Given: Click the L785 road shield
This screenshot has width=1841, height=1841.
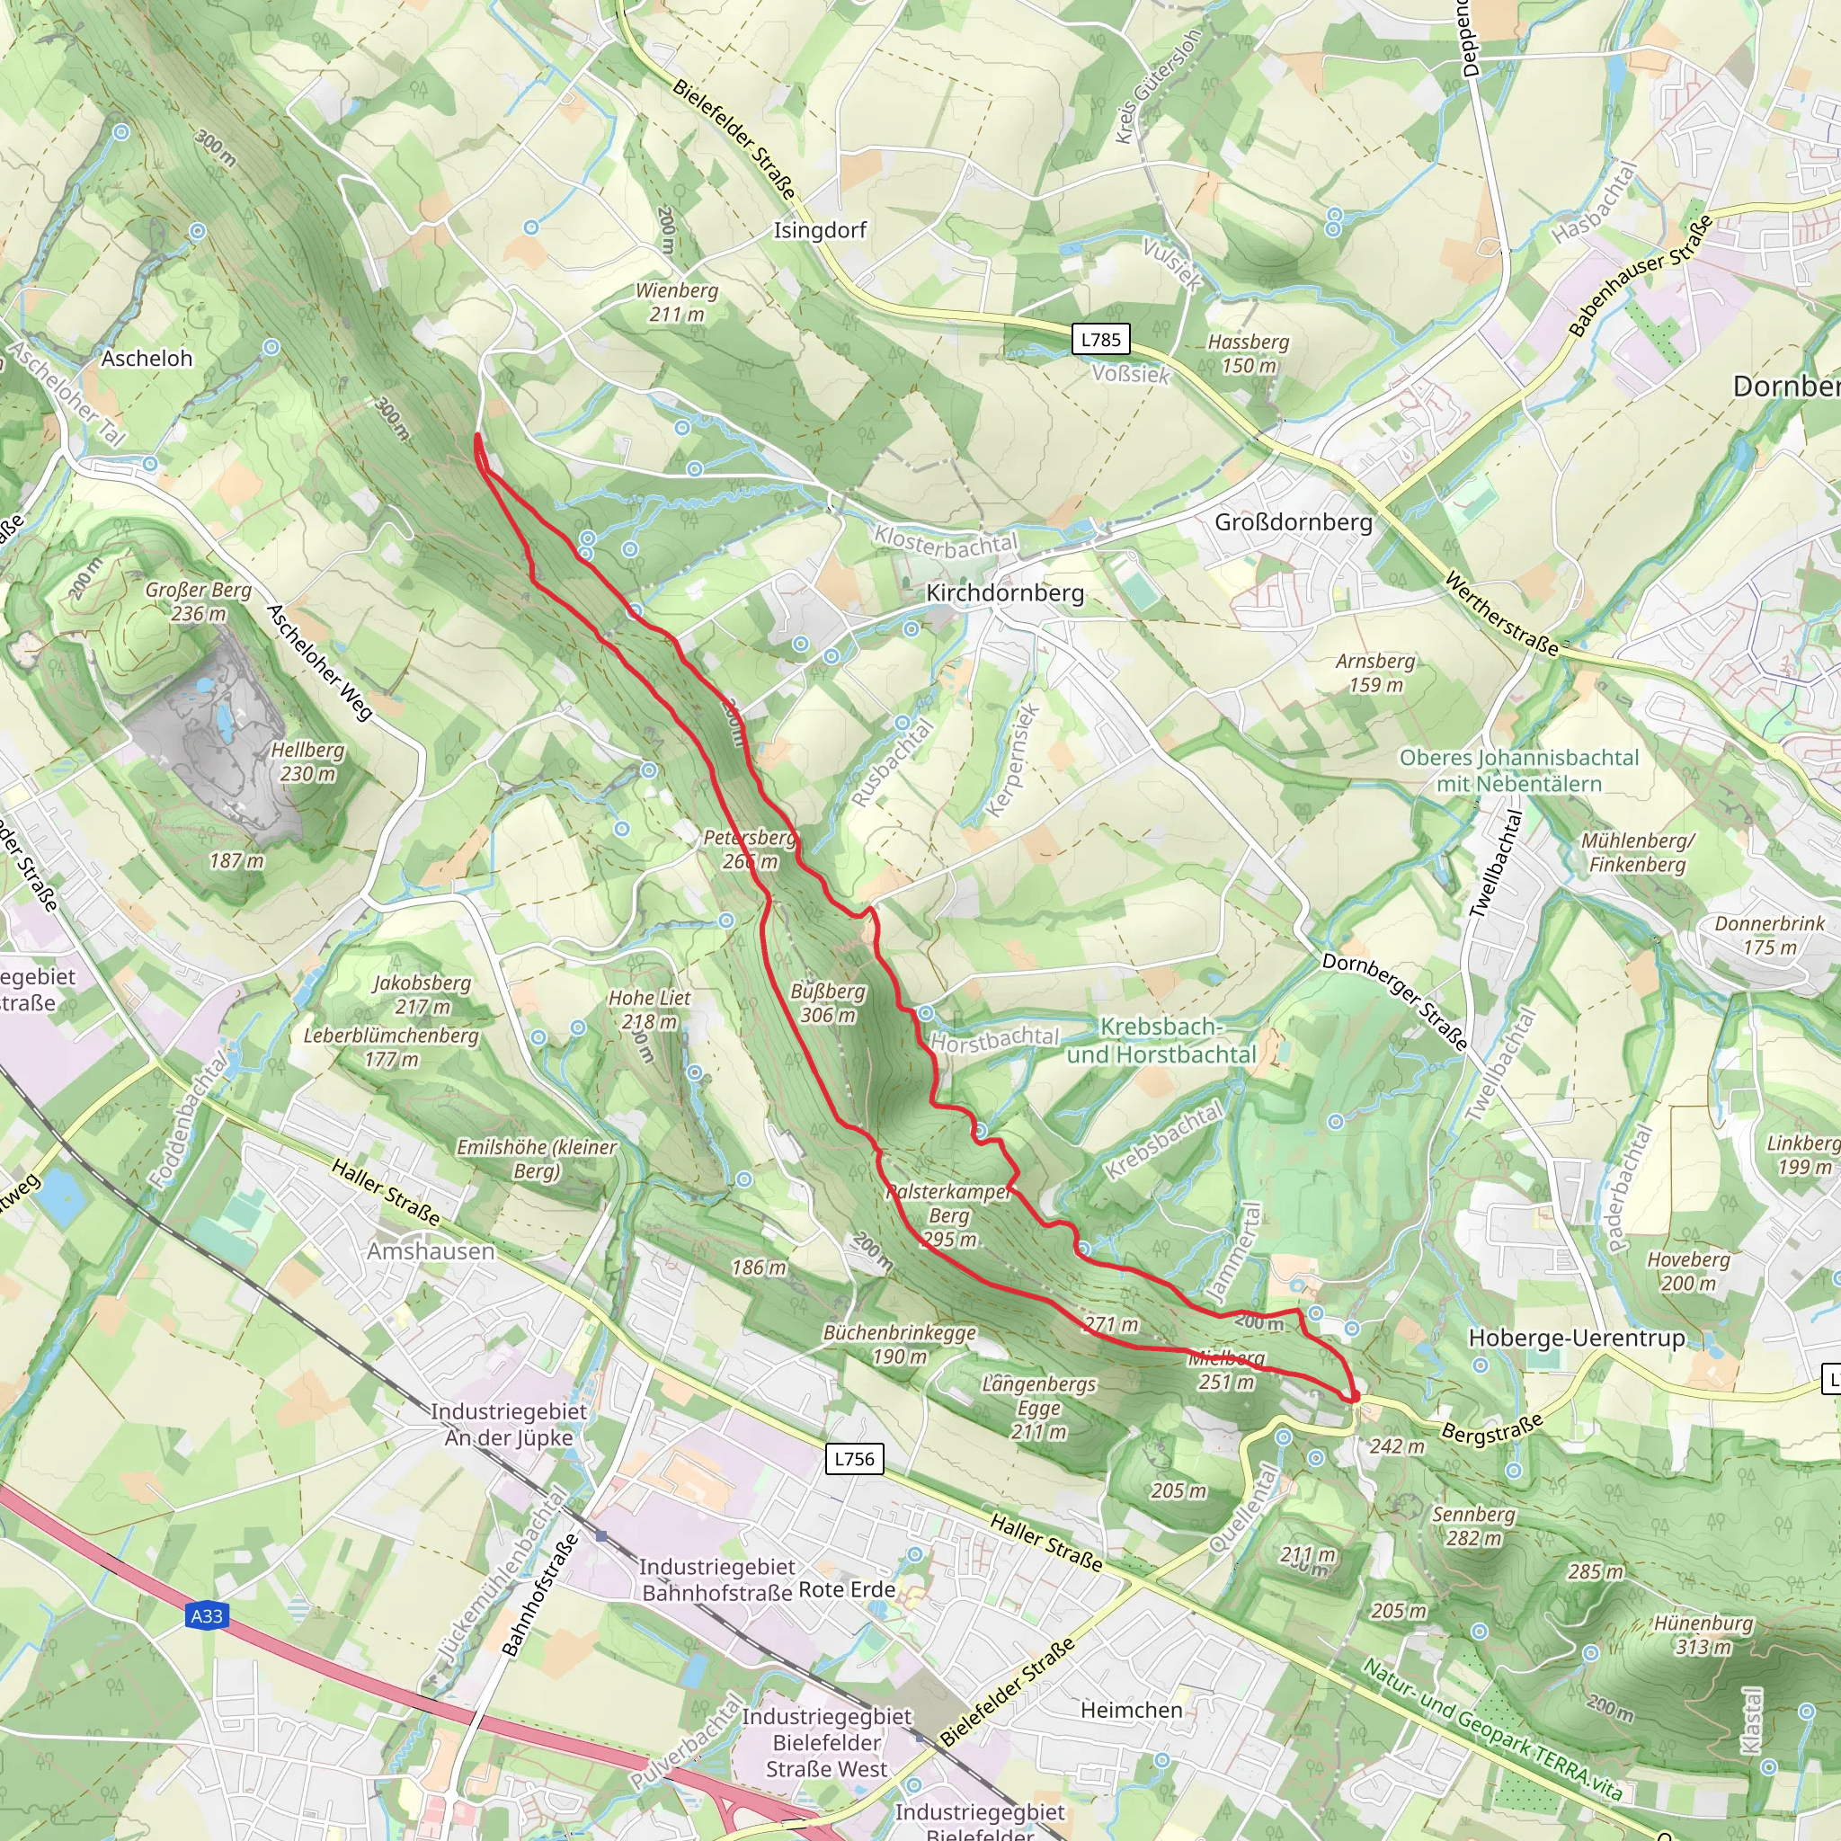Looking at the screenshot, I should (x=1100, y=339).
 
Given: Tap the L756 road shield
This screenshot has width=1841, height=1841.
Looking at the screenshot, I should (x=854, y=1458).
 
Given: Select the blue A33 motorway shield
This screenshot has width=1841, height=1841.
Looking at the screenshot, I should (x=207, y=1616).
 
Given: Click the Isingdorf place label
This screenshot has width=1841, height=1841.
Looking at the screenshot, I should (x=820, y=231).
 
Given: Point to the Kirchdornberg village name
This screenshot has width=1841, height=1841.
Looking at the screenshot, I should (x=1005, y=592).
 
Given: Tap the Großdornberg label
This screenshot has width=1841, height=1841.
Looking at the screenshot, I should (x=1293, y=522).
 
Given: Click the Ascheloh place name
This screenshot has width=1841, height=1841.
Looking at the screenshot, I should (x=147, y=359).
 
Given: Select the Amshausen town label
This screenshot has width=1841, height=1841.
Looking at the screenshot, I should (x=431, y=1251).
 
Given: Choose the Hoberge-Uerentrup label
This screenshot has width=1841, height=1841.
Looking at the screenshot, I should (x=1576, y=1337).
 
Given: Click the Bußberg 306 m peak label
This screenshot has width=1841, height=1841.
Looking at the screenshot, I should (x=827, y=1003).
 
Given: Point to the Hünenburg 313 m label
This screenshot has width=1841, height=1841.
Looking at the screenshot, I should (x=1703, y=1635).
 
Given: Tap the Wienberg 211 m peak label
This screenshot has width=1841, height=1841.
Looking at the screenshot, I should (x=677, y=302).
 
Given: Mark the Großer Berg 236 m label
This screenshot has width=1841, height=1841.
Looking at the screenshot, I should (x=198, y=601).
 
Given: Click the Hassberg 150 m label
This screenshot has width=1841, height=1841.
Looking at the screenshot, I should (x=1249, y=353).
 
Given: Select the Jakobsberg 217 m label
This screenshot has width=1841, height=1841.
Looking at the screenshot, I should (x=422, y=994).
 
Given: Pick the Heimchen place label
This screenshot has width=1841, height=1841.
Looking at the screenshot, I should (x=1131, y=1711).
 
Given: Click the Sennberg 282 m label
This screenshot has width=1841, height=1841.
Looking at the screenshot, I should (x=1473, y=1525).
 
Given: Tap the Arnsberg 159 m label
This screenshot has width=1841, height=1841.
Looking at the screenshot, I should (x=1375, y=672).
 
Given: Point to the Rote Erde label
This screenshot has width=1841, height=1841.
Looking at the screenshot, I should (x=846, y=1589).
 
